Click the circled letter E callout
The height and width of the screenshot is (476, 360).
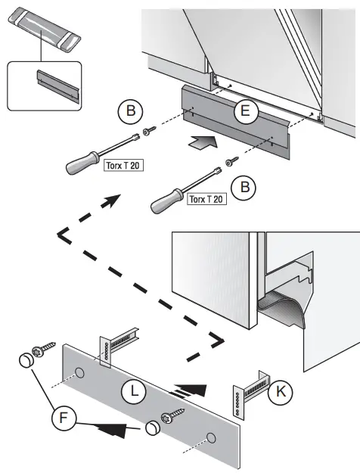click(x=243, y=113)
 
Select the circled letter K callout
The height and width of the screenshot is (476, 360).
click(x=281, y=391)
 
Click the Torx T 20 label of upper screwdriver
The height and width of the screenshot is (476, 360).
click(x=120, y=164)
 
